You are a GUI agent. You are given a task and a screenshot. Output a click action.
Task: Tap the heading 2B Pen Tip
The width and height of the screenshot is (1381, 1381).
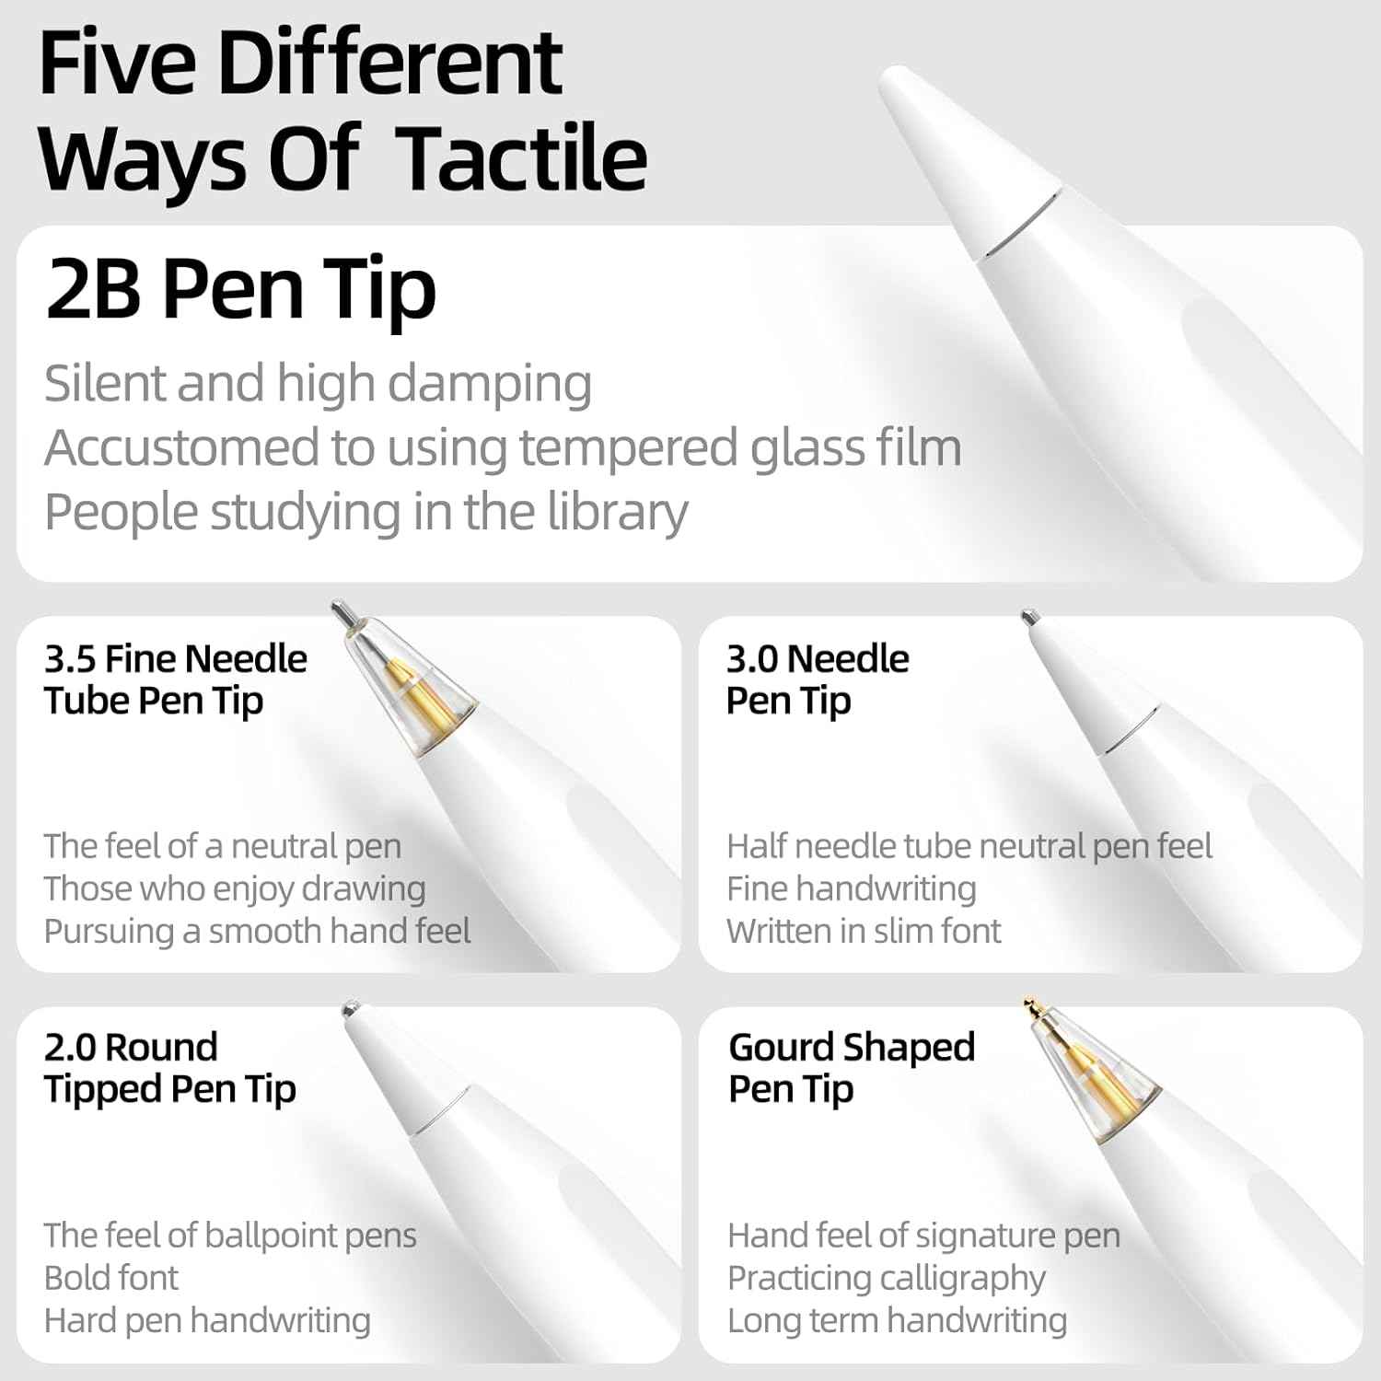pos(240,288)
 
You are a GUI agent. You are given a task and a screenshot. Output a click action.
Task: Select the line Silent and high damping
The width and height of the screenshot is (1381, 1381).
pos(318,383)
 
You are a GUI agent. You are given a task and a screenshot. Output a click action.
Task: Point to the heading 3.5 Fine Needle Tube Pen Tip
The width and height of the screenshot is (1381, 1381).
pos(175,679)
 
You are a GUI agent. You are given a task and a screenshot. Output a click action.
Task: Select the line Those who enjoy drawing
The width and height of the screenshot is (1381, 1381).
pos(235,888)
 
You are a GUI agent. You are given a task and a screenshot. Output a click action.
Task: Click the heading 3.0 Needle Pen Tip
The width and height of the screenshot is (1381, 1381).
pos(817,679)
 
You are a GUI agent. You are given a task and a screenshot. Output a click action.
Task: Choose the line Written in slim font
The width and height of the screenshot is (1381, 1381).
pos(863,931)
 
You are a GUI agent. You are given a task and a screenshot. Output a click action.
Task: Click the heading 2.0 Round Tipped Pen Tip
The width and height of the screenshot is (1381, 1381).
pos(169,1068)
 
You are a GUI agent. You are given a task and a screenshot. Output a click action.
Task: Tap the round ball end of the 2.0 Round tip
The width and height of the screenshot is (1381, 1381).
pos(351,1009)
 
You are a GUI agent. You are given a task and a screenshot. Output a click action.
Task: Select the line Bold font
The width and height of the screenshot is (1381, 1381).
pos(111,1278)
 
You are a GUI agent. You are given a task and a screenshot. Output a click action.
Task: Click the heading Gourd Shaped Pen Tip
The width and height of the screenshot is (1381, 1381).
pos(851,1068)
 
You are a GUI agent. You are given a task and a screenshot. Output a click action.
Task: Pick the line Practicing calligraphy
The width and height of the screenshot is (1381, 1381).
pos(886,1278)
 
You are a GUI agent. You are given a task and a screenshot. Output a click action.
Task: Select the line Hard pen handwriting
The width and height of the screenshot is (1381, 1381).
pos(207,1320)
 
